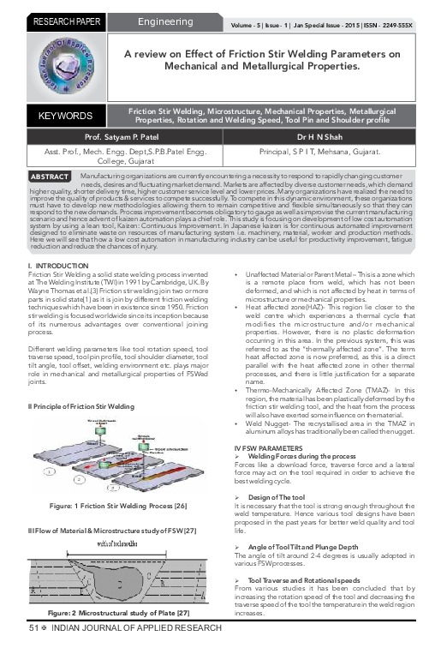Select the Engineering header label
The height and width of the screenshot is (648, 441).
click(x=166, y=20)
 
